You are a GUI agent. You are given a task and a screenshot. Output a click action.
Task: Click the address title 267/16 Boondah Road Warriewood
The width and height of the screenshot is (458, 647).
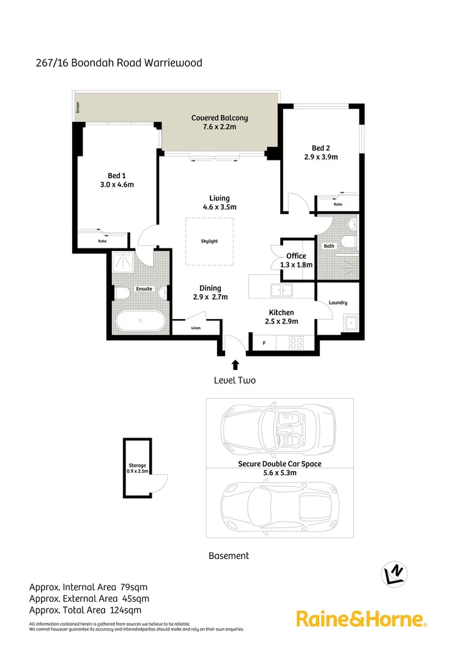[x=119, y=63]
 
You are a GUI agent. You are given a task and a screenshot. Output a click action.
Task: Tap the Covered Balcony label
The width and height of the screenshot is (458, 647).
[x=220, y=118]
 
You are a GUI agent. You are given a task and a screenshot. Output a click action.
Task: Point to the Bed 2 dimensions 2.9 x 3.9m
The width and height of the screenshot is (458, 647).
[x=321, y=157]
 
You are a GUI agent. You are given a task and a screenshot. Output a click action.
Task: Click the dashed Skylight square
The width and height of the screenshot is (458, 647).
[x=209, y=242]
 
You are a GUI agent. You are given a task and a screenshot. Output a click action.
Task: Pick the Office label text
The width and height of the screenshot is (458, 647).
[x=296, y=256]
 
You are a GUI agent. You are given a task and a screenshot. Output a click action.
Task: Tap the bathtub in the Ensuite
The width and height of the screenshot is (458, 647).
[x=139, y=320]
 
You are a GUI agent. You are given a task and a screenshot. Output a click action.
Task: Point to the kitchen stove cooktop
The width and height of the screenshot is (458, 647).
[x=297, y=343]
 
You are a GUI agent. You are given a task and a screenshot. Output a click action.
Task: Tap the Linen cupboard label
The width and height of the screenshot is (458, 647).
[x=196, y=328]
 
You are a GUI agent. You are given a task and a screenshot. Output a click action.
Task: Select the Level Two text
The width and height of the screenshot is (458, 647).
[x=235, y=380]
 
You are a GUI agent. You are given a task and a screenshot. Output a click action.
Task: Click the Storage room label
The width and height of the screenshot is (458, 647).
[x=137, y=465]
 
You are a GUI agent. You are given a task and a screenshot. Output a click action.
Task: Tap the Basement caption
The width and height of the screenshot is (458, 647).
[x=229, y=555]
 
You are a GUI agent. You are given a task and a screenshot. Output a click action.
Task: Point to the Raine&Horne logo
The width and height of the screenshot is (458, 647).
[x=361, y=619]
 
